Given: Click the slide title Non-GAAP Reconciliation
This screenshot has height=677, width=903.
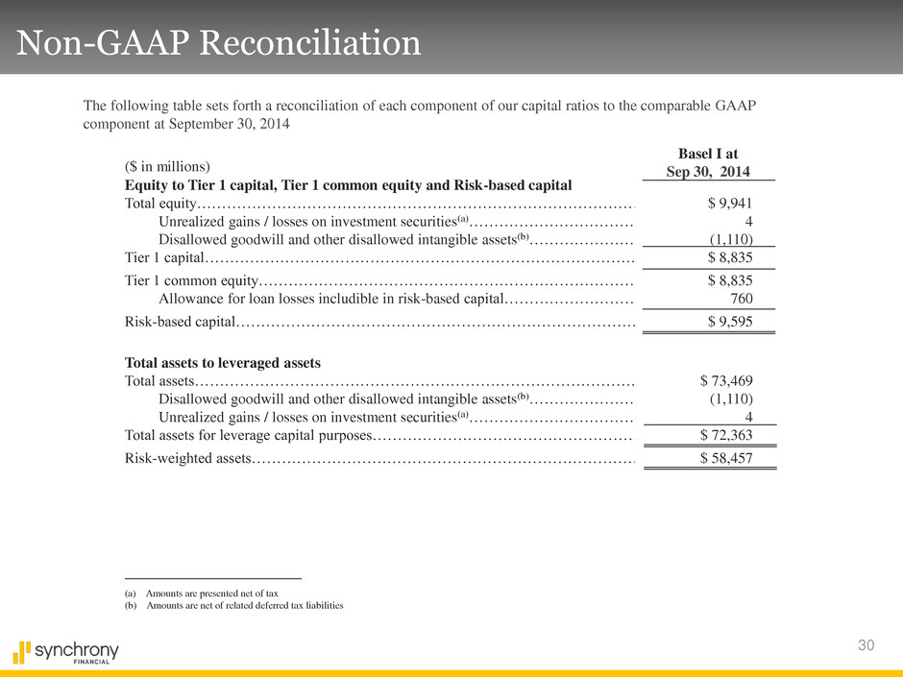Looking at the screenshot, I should tap(216, 43).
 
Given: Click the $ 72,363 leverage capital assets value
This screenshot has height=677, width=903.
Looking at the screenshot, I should tap(725, 437).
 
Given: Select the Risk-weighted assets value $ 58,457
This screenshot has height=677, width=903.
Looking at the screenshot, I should tap(725, 458).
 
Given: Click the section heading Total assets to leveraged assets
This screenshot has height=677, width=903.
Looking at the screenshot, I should tap(222, 362).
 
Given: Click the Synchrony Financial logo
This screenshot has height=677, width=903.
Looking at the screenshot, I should tap(66, 653).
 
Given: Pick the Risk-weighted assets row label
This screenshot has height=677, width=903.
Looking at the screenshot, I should tap(188, 458).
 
